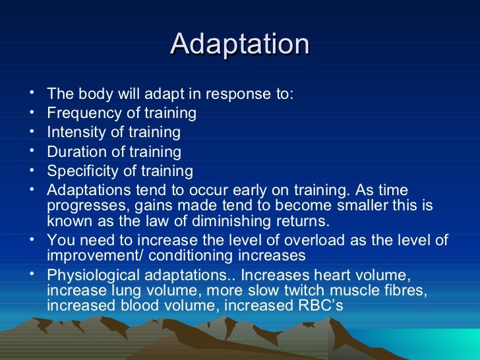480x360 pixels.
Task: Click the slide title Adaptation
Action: point(239,45)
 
